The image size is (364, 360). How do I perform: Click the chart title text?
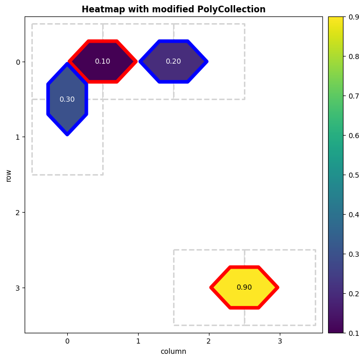(173, 9)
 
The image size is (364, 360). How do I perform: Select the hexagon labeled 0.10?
(103, 62)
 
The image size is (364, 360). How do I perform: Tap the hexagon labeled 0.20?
(174, 62)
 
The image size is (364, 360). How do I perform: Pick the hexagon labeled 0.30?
(67, 99)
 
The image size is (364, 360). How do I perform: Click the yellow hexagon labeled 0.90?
(244, 287)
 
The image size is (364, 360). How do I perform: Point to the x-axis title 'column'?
(173, 352)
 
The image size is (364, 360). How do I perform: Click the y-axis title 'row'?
(8, 175)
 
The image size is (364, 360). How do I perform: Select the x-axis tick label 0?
(67, 340)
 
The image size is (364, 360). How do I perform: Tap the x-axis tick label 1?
(138, 340)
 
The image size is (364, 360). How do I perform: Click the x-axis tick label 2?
(209, 340)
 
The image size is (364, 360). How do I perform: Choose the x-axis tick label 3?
(280, 340)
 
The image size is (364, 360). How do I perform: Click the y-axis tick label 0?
(17, 62)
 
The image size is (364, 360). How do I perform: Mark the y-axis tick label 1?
(17, 137)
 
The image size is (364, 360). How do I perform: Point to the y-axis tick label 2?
(17, 212)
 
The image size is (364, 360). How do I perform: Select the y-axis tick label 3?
(17, 287)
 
